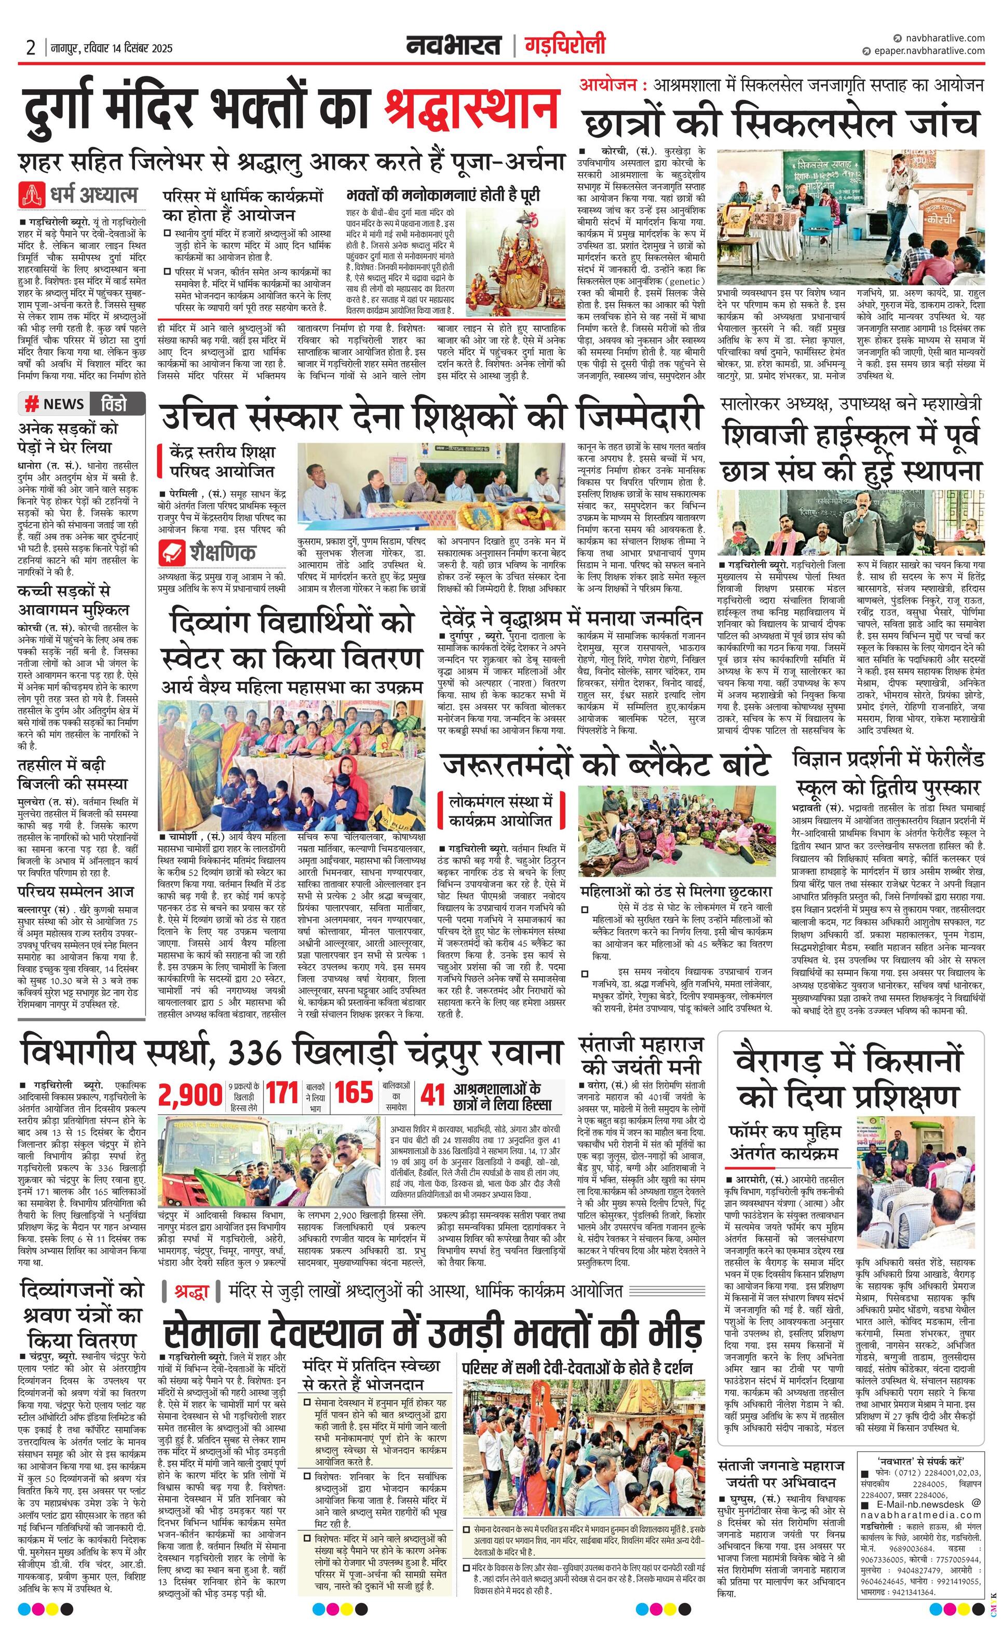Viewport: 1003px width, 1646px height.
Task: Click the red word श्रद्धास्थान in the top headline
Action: point(471,108)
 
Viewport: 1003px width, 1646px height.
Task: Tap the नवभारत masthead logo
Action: point(454,46)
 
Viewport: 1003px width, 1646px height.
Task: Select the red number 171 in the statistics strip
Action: point(282,1093)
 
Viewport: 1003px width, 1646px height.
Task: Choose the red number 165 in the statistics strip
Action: point(354,1093)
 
